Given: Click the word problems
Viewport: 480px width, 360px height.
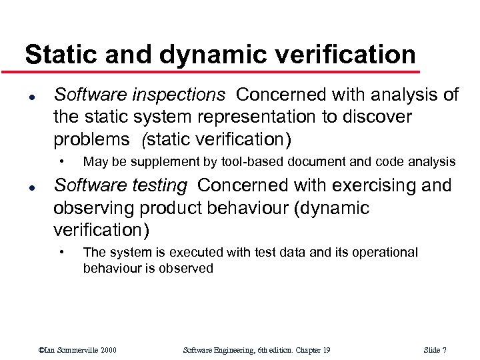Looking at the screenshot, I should (x=91, y=139).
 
